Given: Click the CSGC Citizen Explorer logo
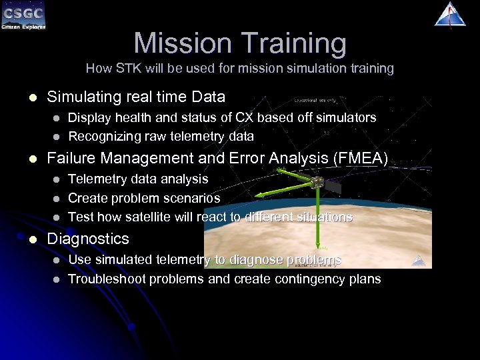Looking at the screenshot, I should (23, 16).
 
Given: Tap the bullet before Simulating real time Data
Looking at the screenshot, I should (25, 97).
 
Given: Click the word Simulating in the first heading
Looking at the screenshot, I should (81, 97).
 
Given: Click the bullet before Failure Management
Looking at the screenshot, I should (25, 159).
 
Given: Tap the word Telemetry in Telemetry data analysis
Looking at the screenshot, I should (97, 179).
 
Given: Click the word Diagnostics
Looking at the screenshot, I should (88, 239).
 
